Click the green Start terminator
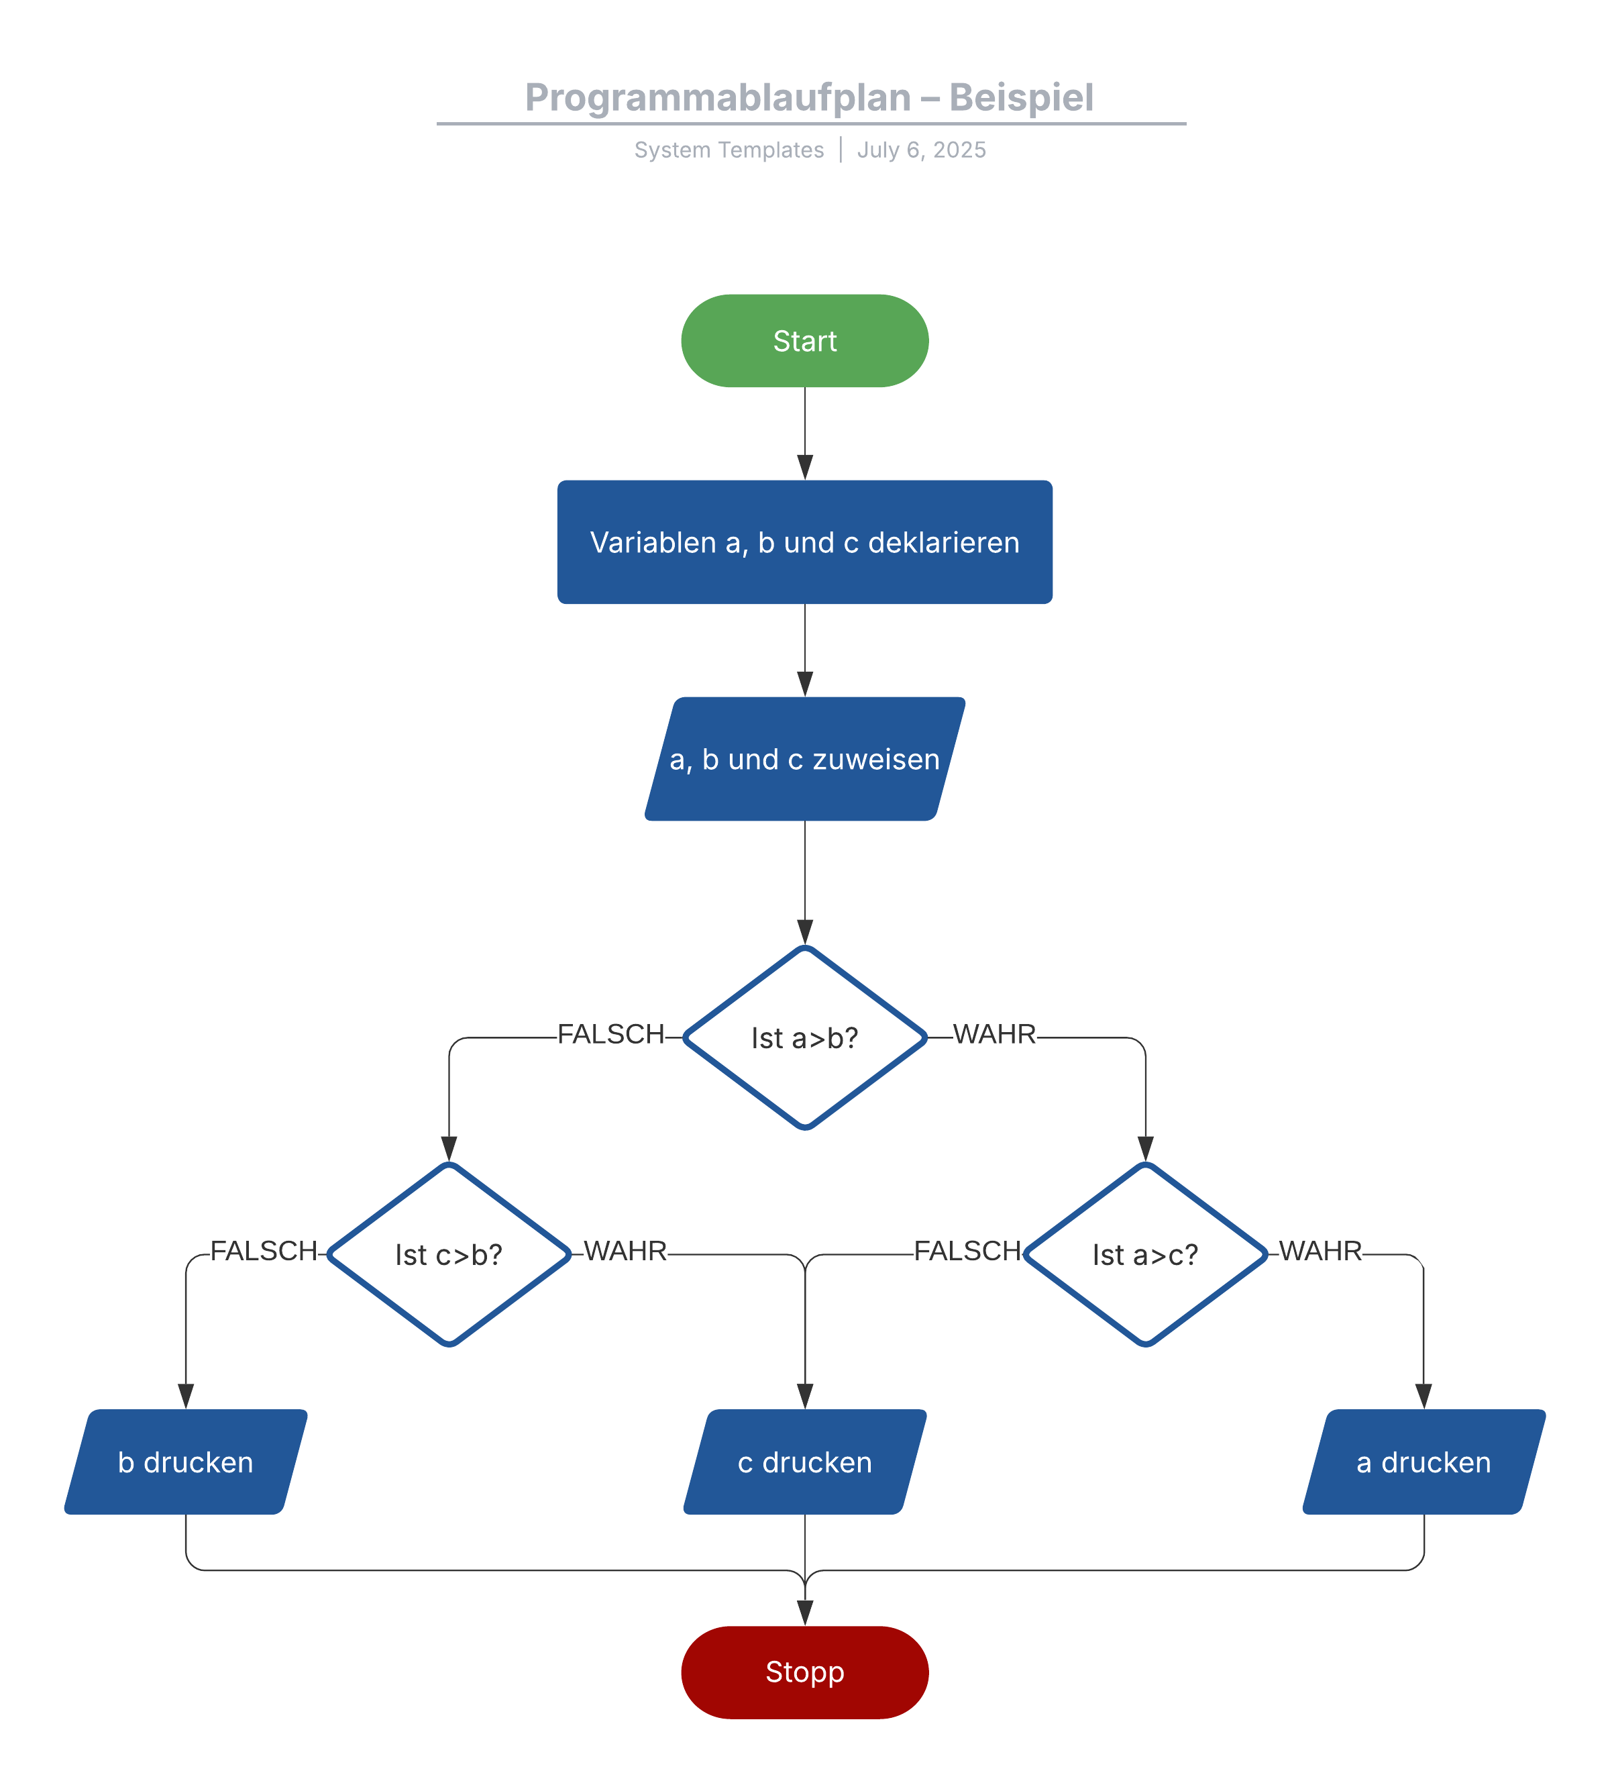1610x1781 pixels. click(804, 340)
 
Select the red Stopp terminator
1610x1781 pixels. click(804, 1672)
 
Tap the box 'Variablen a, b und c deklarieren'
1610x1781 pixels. click(804, 542)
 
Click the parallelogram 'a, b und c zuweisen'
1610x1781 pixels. click(804, 759)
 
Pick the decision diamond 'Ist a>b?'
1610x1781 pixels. click(804, 1037)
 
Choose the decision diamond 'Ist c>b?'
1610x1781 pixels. click(449, 1254)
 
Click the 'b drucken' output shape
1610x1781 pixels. click(185, 1462)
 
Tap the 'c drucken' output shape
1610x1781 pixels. click(804, 1462)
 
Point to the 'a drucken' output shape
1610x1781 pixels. click(1423, 1462)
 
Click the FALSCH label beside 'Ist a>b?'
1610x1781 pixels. click(610, 1033)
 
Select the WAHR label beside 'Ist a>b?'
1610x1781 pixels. click(994, 1033)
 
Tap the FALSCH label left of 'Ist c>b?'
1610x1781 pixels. click(263, 1251)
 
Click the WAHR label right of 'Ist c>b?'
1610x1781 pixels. click(625, 1251)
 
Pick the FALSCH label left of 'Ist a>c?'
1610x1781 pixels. click(967, 1251)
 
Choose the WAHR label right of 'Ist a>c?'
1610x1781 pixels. click(1320, 1251)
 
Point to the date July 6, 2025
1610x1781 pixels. click(920, 150)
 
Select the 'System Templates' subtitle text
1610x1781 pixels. click(729, 150)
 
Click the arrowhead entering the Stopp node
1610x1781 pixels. click(804, 1613)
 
